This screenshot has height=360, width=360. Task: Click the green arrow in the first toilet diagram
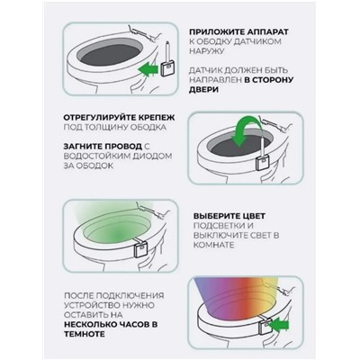148,70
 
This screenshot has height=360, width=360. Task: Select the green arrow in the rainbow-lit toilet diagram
279,325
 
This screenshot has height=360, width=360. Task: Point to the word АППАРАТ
269,31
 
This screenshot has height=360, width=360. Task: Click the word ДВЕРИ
203,90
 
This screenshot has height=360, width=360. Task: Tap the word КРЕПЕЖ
159,117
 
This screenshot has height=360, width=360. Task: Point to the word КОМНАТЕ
213,245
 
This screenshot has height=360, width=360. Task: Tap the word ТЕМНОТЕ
85,334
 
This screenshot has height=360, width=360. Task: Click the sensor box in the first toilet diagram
167,68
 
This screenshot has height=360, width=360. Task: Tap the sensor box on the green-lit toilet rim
139,249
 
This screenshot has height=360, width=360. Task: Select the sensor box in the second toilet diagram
262,163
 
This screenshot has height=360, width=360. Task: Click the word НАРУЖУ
207,51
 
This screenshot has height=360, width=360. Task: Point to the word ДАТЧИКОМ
257,41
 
